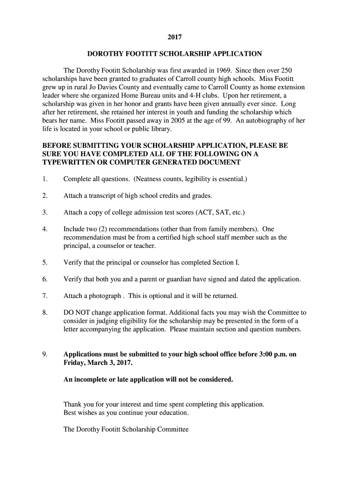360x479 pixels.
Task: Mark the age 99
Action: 223,120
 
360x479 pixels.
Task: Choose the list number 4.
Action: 44,229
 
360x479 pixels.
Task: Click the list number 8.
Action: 44,312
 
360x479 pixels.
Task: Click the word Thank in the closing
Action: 72,404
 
